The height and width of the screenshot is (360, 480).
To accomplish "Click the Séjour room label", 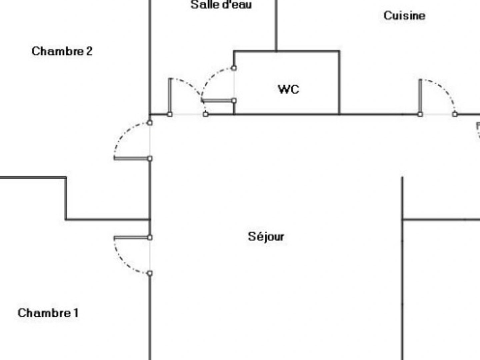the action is (x=266, y=237).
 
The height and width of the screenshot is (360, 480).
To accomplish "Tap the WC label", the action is (x=289, y=89).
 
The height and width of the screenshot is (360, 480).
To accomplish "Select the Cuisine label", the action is (x=405, y=16).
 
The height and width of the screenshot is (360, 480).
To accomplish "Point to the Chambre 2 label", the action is (x=62, y=51).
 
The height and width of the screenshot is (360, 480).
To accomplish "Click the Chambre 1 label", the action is (x=48, y=313).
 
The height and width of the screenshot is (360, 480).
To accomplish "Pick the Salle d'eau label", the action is (x=221, y=5).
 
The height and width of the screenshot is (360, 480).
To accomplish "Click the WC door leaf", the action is (x=218, y=101).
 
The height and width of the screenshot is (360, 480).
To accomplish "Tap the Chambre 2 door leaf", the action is (x=132, y=158).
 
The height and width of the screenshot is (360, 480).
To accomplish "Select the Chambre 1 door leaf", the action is (x=132, y=238).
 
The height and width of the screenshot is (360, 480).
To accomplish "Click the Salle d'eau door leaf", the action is (x=170, y=96).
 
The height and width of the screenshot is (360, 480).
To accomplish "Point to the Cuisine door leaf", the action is (x=420, y=97).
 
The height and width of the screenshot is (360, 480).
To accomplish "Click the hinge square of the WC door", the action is (x=234, y=101).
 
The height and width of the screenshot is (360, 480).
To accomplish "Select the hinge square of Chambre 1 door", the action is (x=150, y=238).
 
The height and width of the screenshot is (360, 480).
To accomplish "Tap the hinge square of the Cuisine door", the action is (x=420, y=114).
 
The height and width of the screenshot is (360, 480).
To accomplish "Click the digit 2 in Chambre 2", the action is (x=89, y=51).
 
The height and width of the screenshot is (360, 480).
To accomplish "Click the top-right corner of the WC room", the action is (x=339, y=51).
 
